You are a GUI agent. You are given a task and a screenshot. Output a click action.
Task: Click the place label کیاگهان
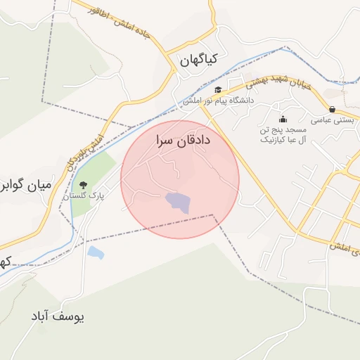[205, 60]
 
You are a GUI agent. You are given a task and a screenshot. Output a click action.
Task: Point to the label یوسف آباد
[57, 316]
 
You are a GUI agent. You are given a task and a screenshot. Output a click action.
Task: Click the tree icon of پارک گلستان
[84, 185]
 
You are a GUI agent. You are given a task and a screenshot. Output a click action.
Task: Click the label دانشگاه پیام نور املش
[219, 101]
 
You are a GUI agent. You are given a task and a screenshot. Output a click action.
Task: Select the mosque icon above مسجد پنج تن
[283, 119]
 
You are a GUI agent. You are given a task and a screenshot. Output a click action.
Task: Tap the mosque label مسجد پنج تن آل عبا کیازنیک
[283, 136]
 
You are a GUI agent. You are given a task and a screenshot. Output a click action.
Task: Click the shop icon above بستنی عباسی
[332, 110]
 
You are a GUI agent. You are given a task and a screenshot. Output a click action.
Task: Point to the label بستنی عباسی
[332, 120]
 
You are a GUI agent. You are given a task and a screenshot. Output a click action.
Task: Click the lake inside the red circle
[178, 203]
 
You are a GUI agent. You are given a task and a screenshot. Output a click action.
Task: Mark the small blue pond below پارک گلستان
[96, 252]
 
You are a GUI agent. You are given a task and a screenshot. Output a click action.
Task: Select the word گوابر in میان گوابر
[13, 186]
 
